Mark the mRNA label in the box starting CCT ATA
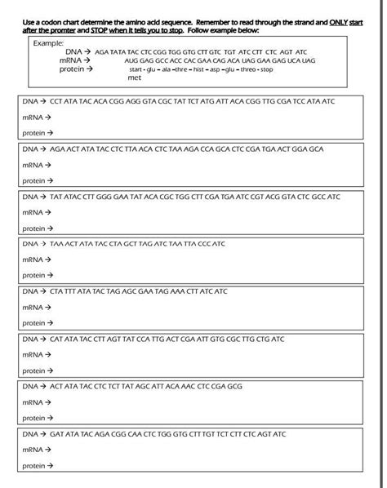(32, 118)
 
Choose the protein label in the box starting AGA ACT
(33, 180)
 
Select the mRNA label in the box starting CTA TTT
(32, 308)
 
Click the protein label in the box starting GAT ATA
(33, 465)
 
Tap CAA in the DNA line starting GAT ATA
(135, 433)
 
